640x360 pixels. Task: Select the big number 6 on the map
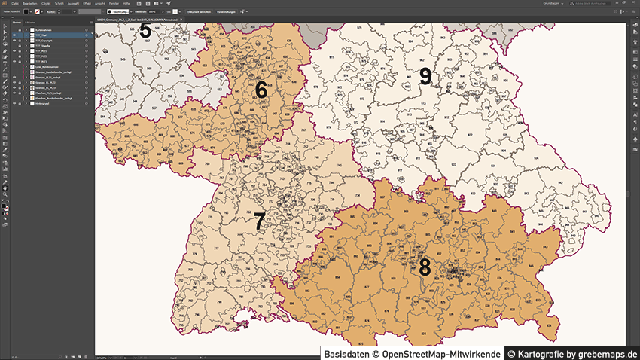click(261, 90)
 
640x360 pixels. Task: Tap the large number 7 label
click(260, 221)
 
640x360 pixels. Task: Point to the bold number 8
click(425, 267)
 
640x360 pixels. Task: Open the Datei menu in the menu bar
click(15, 4)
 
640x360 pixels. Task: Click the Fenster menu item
click(114, 4)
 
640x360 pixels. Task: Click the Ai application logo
click(5, 4)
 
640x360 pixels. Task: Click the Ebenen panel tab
click(16, 23)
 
